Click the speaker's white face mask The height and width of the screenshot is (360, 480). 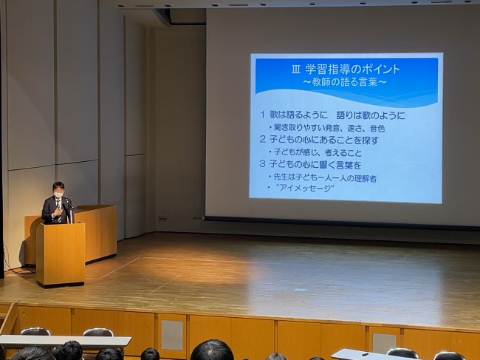(58, 194)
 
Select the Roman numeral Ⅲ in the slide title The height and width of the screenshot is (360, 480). (295, 69)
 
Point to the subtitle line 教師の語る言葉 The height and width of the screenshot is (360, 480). (344, 82)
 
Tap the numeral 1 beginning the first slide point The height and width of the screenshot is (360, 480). (262, 115)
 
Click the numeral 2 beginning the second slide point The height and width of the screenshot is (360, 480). (262, 140)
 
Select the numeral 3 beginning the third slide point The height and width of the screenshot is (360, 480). (262, 164)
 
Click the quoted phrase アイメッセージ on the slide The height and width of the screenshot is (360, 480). (306, 188)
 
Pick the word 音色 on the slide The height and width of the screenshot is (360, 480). (377, 128)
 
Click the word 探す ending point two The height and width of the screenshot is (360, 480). (371, 140)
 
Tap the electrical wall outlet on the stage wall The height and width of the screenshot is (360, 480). (162, 219)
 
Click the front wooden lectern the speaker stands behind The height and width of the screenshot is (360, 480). (61, 255)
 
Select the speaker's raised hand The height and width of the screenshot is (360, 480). (58, 211)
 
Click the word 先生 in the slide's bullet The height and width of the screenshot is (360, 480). (281, 177)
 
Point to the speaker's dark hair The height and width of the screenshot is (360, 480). (58, 186)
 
